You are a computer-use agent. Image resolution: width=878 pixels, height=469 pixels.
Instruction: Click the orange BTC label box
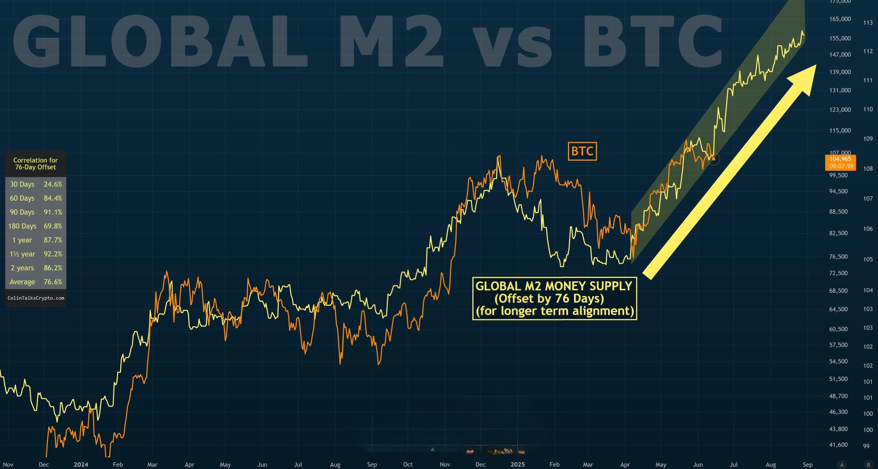click(x=582, y=151)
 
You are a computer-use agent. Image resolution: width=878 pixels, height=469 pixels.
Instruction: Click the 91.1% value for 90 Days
click(x=53, y=212)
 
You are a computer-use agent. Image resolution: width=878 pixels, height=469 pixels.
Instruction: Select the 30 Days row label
click(x=22, y=184)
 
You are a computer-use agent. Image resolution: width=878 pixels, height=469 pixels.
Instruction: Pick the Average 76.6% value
click(x=53, y=282)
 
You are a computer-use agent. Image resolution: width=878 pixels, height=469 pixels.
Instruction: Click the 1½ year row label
click(x=22, y=254)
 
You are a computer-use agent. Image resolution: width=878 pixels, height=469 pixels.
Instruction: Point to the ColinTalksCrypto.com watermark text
click(x=36, y=298)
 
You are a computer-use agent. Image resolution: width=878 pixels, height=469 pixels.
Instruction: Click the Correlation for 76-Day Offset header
click(x=36, y=164)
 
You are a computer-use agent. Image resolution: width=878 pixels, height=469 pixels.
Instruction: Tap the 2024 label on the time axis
click(x=81, y=465)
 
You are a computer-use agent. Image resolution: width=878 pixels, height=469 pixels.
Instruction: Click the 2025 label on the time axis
click(x=518, y=465)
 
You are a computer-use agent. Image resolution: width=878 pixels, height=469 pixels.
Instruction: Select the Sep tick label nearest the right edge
click(x=807, y=465)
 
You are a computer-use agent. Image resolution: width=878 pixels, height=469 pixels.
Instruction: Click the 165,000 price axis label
click(x=840, y=19)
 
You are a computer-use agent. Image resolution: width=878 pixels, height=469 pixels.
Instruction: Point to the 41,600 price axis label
click(x=839, y=445)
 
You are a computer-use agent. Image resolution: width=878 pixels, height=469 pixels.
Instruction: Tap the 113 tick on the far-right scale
click(x=868, y=23)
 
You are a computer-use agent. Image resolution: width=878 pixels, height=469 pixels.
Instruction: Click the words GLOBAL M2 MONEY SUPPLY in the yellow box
click(x=554, y=286)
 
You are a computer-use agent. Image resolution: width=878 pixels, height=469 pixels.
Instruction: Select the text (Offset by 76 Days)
click(x=549, y=298)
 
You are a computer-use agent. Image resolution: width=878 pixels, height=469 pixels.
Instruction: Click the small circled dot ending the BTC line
click(x=714, y=159)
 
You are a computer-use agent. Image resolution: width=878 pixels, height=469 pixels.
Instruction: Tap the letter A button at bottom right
click(x=842, y=465)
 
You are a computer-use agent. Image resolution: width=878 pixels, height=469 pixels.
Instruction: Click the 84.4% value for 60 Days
click(x=53, y=198)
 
